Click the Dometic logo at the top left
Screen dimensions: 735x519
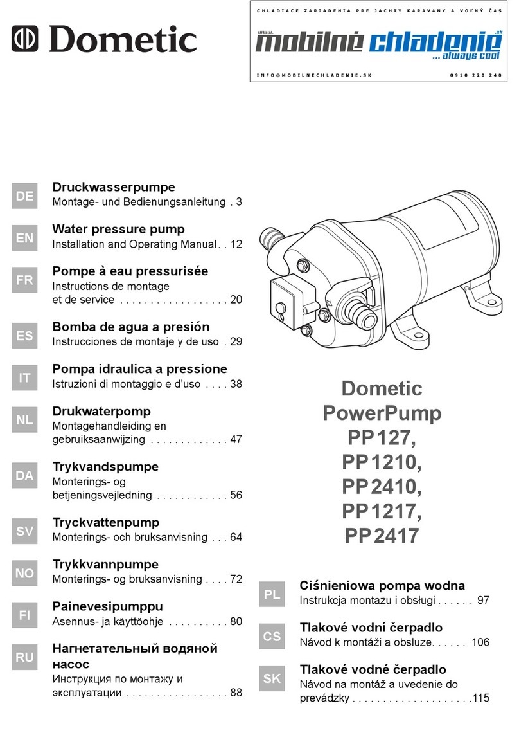[106, 40]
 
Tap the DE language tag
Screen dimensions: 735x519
[24, 195]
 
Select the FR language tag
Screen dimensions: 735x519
[24, 280]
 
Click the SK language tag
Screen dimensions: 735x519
[272, 678]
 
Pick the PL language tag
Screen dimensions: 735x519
[272, 594]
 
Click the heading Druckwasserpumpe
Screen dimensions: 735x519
[113, 188]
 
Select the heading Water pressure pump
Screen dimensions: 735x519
[118, 229]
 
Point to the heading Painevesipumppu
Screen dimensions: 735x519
[107, 606]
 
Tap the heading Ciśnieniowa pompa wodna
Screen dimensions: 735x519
[382, 586]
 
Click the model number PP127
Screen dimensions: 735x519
[382, 438]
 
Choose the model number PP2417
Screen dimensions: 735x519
[382, 536]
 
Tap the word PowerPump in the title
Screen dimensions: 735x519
[382, 413]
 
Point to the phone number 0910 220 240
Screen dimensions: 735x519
[475, 75]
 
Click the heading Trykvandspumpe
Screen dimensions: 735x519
[105, 466]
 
